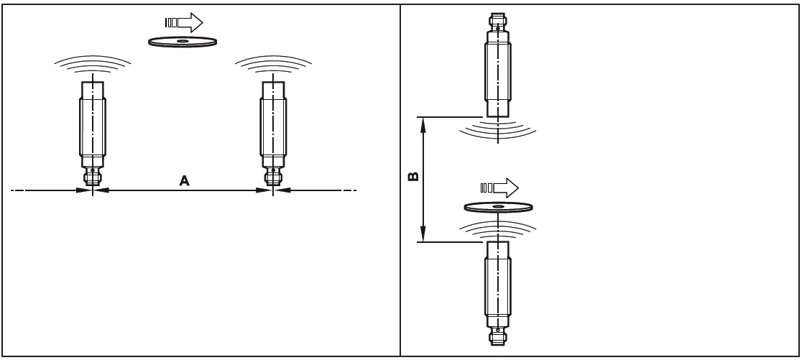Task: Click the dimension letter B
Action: tap(413, 176)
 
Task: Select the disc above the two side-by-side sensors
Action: tap(183, 42)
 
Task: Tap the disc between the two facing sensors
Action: tap(499, 208)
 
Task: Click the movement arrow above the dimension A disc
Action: tap(188, 22)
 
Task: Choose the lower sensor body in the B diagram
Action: tap(498, 284)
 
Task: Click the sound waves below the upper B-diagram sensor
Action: tap(498, 129)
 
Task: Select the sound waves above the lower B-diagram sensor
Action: tap(498, 229)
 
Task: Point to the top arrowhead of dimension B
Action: tap(424, 124)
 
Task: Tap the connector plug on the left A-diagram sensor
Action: tap(93, 176)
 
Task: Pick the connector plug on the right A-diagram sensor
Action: tap(273, 176)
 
